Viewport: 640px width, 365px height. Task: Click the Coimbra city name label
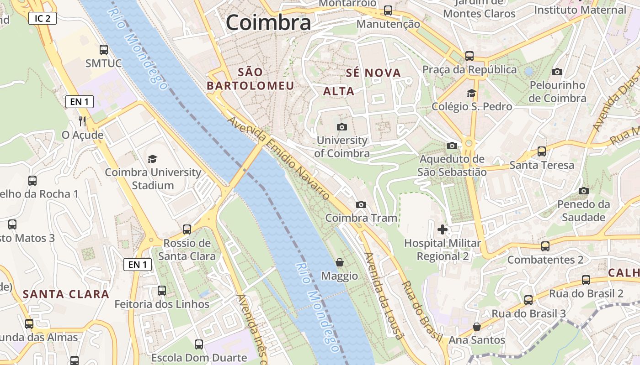pos(268,22)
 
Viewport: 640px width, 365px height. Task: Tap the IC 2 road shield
pos(43,18)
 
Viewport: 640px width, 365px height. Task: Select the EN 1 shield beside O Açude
pos(80,102)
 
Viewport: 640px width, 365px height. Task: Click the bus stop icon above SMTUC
pos(104,49)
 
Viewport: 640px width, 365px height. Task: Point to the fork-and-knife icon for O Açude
pos(82,121)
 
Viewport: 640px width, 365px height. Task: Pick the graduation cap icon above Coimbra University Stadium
pos(152,159)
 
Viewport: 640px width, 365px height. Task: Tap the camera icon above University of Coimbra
pos(341,127)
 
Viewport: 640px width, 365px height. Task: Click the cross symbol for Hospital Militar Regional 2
pos(442,229)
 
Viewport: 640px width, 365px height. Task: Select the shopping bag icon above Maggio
pos(340,262)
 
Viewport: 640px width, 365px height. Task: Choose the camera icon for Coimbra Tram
pos(361,204)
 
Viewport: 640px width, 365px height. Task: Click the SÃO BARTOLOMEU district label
pos(251,79)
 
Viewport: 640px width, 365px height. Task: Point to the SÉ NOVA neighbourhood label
pos(373,73)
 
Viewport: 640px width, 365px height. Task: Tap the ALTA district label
pos(339,91)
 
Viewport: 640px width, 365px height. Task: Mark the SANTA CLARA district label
pos(66,294)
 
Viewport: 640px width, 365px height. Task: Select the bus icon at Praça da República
pos(469,56)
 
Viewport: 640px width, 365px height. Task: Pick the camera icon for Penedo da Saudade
pos(583,191)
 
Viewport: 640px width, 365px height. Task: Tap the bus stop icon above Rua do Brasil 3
pos(528,300)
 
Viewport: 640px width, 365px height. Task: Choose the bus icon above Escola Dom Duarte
pos(199,344)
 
